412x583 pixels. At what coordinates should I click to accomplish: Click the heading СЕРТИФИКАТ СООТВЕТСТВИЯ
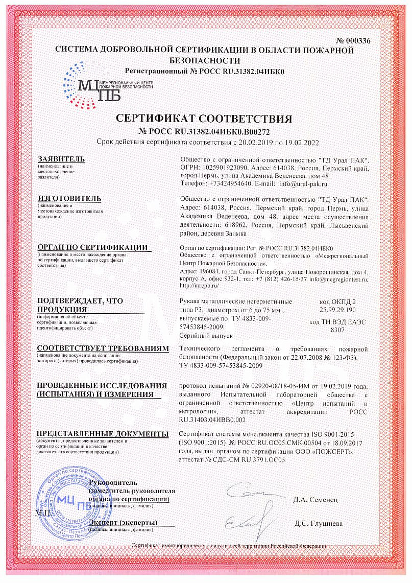point(204,119)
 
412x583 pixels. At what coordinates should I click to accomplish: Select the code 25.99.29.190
point(338,310)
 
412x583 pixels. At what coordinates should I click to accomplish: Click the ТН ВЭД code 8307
point(338,330)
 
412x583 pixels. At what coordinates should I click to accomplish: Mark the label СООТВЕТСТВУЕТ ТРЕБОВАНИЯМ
point(102,348)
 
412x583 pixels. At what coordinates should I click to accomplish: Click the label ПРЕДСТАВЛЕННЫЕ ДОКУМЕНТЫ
point(102,434)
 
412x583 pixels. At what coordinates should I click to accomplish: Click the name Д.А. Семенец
point(315,499)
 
